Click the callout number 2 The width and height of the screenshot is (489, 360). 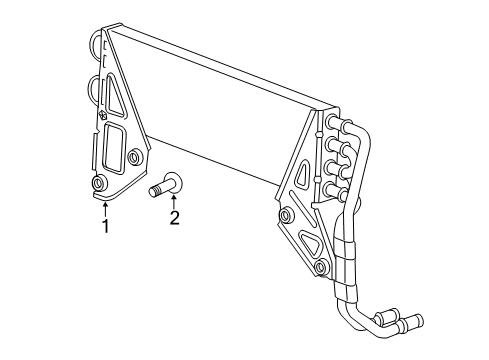(174, 218)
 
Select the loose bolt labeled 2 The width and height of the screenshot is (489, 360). (166, 185)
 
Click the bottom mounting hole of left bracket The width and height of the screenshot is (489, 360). (99, 185)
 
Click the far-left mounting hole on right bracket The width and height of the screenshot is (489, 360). (286, 215)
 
